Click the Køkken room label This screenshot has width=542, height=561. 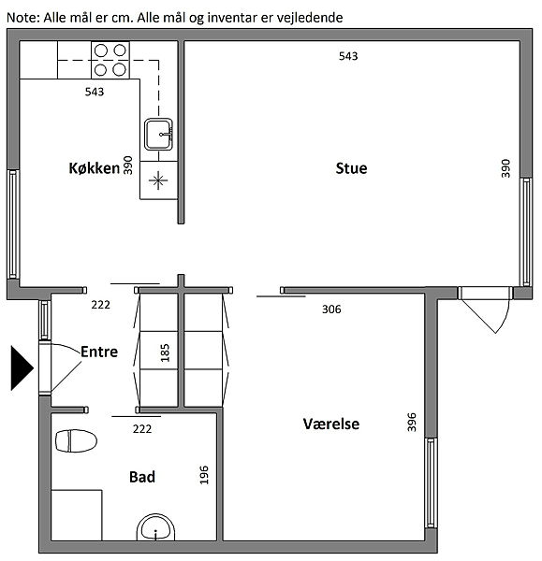[x=95, y=168]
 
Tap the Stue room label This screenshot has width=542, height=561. [x=351, y=168]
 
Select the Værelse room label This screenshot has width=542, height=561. [x=331, y=424]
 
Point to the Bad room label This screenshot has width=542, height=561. [x=142, y=477]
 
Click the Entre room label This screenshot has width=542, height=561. [x=99, y=352]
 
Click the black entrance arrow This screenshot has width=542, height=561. [x=22, y=367]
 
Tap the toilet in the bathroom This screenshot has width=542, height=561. [x=77, y=440]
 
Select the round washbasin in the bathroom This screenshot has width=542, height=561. [x=155, y=527]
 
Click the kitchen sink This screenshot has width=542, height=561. [x=158, y=134]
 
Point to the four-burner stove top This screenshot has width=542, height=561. [x=110, y=60]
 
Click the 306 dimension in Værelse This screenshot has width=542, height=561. [x=331, y=309]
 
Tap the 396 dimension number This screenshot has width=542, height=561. [x=412, y=423]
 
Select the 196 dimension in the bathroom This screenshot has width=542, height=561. [x=204, y=475]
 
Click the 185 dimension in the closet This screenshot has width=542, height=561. [x=165, y=353]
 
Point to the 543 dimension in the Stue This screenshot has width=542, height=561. [x=348, y=56]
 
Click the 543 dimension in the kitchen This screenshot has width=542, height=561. [x=95, y=92]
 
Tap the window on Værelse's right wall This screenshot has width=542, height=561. [x=431, y=482]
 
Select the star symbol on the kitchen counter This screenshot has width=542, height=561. [x=158, y=180]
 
